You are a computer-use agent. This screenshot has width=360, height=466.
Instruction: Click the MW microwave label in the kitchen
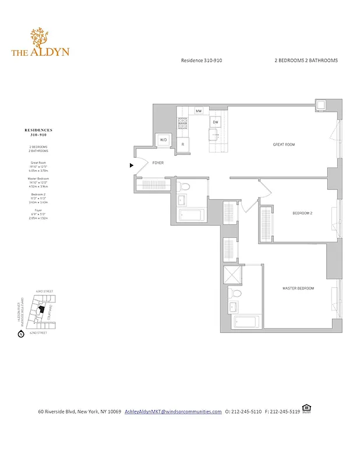tap(199, 111)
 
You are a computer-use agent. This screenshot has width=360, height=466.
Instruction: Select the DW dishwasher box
tap(215, 122)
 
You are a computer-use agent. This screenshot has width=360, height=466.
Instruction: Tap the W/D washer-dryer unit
tap(164, 140)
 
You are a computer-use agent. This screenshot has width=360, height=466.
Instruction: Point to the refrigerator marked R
tap(183, 144)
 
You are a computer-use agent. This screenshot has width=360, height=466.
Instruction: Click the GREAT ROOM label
tap(284, 144)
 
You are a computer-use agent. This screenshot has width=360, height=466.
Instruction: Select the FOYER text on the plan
tap(158, 164)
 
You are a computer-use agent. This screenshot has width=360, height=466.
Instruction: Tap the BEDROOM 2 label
tap(302, 213)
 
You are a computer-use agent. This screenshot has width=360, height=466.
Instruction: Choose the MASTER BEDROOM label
tap(298, 288)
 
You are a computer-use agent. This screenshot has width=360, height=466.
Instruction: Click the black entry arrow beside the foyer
tap(132, 165)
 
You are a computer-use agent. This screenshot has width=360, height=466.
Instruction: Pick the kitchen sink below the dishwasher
tap(215, 135)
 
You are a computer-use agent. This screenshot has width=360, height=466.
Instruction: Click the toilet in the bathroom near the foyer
tap(185, 188)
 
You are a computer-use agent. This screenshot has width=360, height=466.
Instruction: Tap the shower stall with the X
tap(235, 274)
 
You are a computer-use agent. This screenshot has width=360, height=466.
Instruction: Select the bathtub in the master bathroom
tap(243, 322)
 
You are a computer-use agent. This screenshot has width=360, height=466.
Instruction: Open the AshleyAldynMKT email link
tap(173, 411)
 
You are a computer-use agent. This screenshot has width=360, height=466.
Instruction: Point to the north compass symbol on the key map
tap(20, 334)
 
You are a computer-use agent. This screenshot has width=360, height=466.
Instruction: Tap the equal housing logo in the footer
tap(306, 409)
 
